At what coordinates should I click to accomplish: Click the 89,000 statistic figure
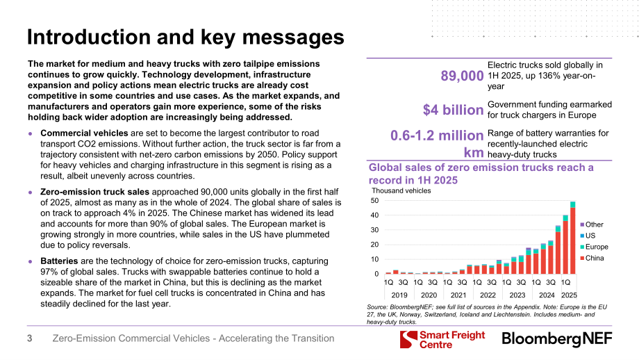[x=462, y=76]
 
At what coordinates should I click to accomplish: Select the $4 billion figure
[x=453, y=110]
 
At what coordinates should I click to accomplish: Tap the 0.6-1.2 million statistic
[x=437, y=136]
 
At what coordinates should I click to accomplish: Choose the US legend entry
[x=588, y=236]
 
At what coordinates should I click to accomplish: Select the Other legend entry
[x=591, y=224]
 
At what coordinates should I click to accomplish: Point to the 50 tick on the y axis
[x=374, y=201]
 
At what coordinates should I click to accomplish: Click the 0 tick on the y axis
[x=376, y=274]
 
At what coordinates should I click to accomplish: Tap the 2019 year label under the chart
[x=399, y=295]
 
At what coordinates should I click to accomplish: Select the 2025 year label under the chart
[x=570, y=295]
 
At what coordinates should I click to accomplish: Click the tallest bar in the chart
[x=572, y=238]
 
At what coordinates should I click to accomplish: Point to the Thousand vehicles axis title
[x=401, y=191]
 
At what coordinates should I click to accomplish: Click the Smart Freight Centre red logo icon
[x=408, y=339]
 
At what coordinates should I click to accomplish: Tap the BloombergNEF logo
[x=557, y=338]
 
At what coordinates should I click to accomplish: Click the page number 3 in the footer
[x=29, y=338]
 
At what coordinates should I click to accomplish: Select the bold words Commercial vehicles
[x=84, y=133]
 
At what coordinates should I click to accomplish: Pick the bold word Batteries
[x=59, y=261]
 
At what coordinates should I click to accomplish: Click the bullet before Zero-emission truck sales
[x=30, y=192]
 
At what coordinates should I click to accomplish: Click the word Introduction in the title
[x=89, y=37]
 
